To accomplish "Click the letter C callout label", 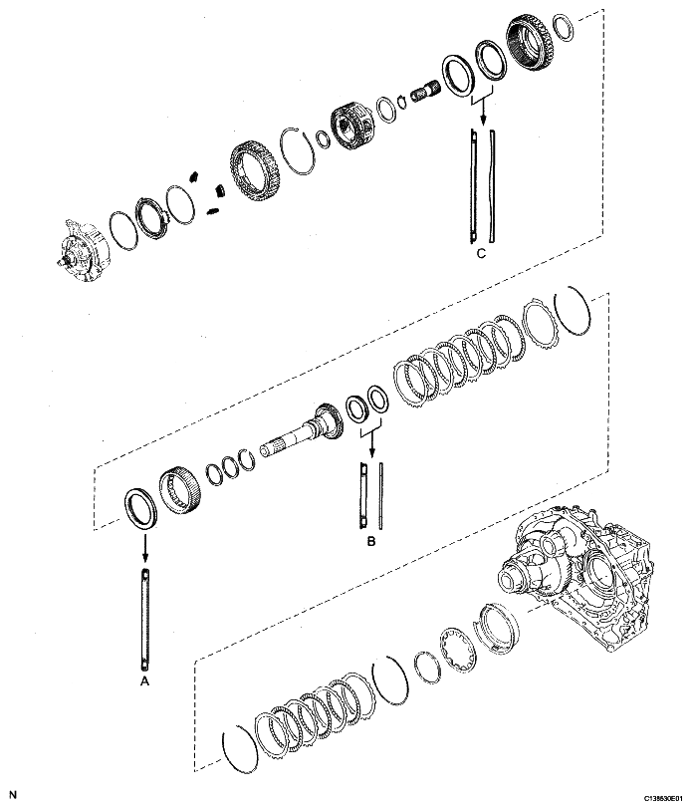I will [480, 253].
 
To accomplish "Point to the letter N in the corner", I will [12, 794].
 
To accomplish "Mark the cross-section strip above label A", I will [146, 619].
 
